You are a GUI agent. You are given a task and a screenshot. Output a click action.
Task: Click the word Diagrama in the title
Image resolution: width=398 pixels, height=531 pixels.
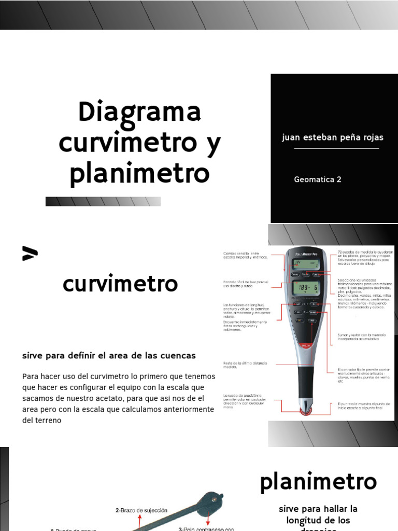click(x=140, y=113)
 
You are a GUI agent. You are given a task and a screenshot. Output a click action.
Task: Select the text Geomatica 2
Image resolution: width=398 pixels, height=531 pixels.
click(x=318, y=179)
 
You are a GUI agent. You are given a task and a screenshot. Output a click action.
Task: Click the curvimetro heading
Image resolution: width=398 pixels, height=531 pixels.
click(x=120, y=284)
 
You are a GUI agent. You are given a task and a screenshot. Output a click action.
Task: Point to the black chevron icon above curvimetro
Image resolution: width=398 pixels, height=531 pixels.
click(x=30, y=254)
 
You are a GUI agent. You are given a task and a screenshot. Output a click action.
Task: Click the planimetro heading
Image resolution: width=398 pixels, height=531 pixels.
click(x=318, y=481)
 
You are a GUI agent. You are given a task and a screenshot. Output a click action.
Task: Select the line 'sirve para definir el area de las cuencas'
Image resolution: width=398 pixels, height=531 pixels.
click(x=109, y=356)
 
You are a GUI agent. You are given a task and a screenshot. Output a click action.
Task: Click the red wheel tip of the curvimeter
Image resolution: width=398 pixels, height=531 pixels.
click(x=306, y=411)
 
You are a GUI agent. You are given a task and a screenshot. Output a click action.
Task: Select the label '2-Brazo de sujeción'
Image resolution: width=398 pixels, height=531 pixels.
click(x=141, y=510)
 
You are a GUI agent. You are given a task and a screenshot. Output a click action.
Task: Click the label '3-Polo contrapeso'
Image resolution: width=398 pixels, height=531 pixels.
click(x=206, y=528)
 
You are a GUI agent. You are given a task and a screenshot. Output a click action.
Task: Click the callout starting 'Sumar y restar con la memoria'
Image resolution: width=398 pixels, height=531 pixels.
click(x=362, y=337)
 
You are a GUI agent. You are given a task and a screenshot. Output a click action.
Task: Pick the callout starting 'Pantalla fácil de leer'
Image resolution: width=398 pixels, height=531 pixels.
click(x=246, y=285)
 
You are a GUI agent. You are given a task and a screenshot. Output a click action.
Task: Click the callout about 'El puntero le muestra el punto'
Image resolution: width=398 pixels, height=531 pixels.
click(x=363, y=406)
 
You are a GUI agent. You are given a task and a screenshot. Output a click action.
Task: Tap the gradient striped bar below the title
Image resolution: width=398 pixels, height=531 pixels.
click(x=103, y=202)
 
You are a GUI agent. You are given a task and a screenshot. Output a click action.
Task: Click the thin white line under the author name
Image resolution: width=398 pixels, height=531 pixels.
click(x=336, y=148)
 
